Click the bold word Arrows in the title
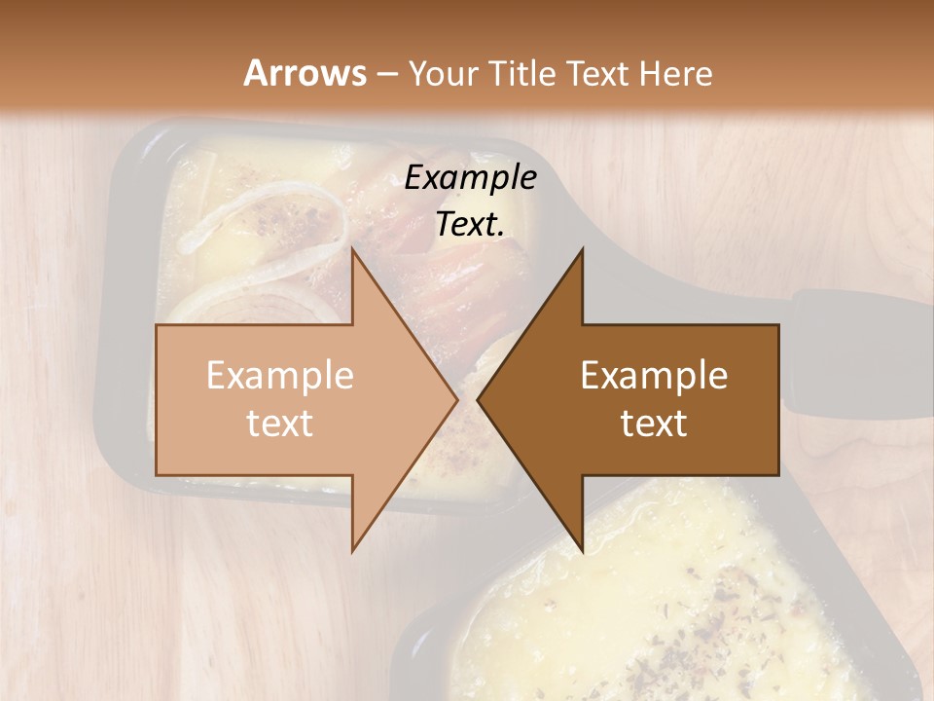pos(305,73)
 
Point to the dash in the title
pos(386,74)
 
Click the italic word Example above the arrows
pos(471,178)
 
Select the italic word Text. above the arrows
pos(471,225)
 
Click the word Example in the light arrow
pos(280,375)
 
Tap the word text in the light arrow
pos(280,423)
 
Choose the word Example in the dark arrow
pos(654,375)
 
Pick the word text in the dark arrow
pos(654,423)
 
